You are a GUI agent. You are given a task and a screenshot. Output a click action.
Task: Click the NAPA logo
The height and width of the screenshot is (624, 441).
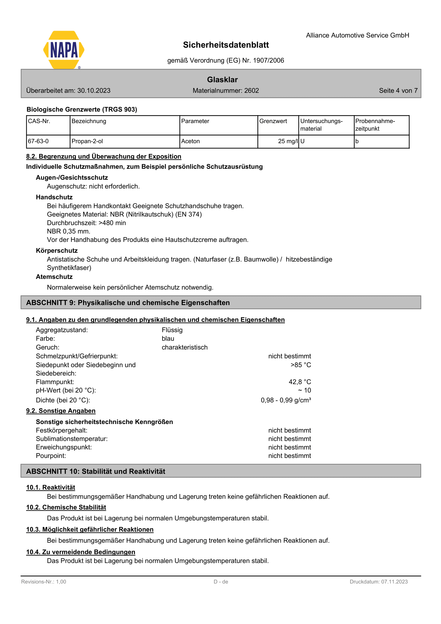64,50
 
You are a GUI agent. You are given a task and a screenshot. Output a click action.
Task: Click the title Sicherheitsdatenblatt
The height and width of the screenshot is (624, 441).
226,45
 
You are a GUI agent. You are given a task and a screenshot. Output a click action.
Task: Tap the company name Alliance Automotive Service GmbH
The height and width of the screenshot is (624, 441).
357,35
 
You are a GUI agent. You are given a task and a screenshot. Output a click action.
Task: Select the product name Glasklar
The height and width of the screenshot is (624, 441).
222,80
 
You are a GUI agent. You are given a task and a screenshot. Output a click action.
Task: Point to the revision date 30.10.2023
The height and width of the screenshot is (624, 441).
94,91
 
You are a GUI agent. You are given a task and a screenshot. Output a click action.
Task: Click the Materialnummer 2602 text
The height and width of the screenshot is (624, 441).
226,91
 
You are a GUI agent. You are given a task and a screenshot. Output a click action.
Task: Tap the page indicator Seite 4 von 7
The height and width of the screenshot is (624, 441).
398,91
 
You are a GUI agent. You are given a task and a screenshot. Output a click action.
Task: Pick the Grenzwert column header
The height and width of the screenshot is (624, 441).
273,121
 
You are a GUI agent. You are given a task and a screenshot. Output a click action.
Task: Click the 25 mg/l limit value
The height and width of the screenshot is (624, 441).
288,141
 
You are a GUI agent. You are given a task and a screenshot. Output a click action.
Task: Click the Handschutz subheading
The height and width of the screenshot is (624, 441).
54,197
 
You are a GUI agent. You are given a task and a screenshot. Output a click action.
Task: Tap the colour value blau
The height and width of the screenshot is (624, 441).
168,339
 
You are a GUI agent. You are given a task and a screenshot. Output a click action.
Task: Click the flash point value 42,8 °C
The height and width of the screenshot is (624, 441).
300,382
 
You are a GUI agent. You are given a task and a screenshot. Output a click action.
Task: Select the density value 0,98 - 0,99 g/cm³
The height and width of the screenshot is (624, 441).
286,400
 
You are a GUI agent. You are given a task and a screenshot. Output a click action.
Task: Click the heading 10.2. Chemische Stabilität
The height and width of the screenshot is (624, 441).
66,507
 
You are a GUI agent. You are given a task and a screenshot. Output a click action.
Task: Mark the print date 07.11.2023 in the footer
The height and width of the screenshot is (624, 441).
394,582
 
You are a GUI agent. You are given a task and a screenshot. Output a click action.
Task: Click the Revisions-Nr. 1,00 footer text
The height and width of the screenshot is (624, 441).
44,582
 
